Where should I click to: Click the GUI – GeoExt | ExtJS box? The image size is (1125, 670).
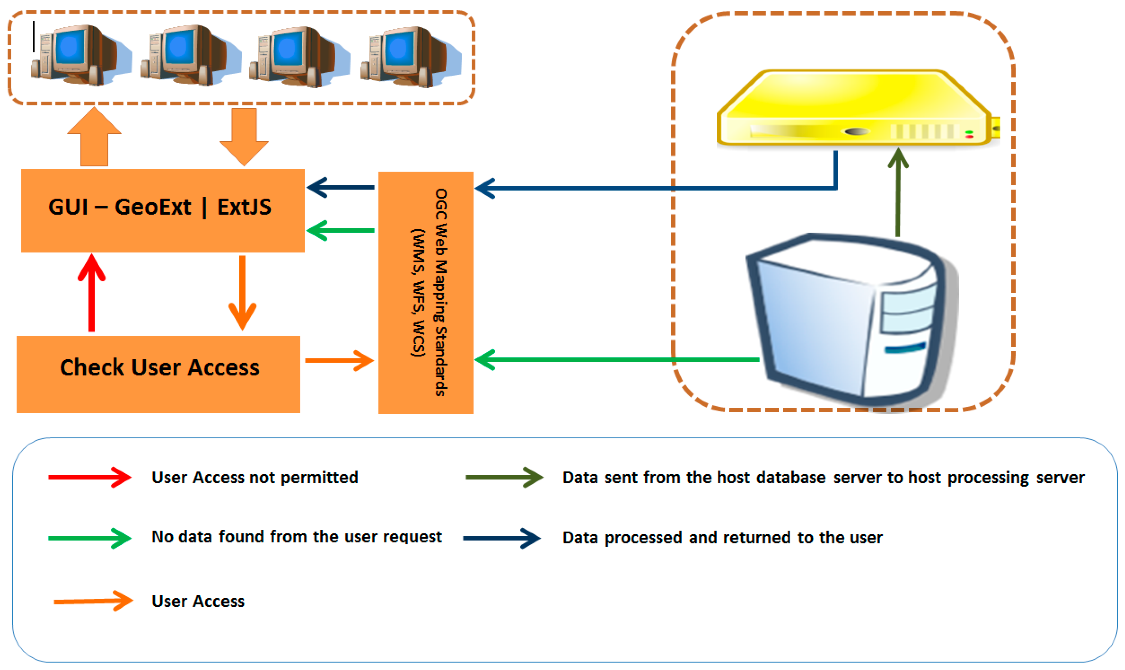coord(163,210)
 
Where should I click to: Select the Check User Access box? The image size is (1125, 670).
coord(158,374)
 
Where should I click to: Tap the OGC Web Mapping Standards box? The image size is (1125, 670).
coord(426,292)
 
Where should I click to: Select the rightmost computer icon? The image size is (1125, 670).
coord(411,56)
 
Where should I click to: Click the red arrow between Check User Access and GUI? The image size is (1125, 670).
coord(92,292)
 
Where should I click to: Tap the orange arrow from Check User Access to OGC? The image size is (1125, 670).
coord(340,361)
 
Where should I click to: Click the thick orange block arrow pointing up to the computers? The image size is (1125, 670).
coord(94,136)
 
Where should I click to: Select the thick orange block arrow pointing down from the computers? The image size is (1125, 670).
coord(244,137)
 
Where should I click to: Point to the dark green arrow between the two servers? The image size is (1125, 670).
coord(898,192)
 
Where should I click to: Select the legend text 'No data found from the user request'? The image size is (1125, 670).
coord(297,537)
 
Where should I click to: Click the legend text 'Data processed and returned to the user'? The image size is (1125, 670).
coord(722,538)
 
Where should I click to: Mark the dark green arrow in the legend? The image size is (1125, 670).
coord(504,477)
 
